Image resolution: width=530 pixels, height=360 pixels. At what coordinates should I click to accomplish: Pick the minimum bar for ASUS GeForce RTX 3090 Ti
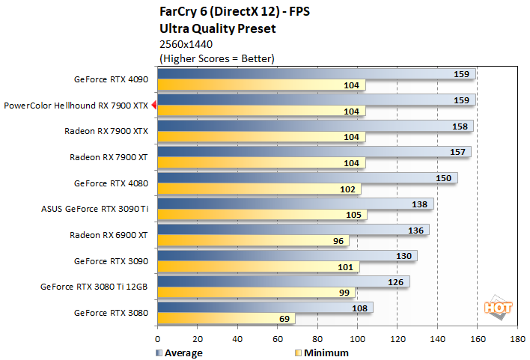point(262,216)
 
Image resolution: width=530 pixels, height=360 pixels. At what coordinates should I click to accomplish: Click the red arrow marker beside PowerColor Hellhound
point(153,106)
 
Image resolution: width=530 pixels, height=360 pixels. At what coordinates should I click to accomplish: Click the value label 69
point(284,319)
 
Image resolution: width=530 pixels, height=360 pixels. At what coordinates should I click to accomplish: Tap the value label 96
point(338,242)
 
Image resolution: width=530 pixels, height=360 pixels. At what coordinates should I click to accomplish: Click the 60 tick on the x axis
point(278,338)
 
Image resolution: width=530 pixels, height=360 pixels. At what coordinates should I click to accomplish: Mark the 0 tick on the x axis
point(158,338)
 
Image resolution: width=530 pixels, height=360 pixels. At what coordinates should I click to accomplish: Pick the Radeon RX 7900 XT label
point(109,157)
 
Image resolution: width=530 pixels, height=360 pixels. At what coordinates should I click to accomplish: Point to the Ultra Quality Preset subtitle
point(218,29)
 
